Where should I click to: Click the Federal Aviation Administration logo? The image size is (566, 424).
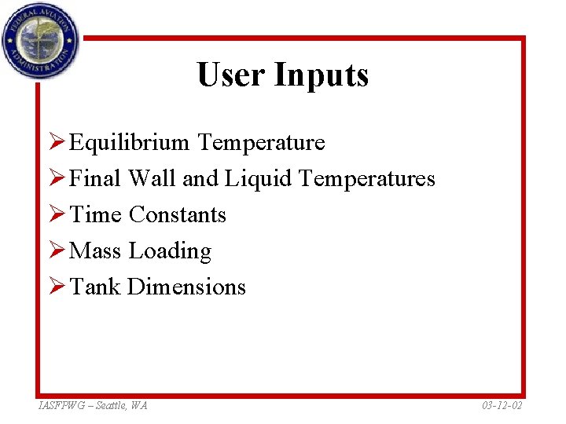click(40, 40)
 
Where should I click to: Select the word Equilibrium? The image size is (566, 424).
click(129, 143)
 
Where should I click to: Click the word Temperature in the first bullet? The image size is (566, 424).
click(261, 143)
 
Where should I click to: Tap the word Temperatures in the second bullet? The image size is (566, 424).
click(367, 179)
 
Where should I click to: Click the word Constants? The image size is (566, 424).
click(178, 215)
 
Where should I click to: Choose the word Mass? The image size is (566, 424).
click(96, 251)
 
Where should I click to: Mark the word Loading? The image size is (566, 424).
click(171, 251)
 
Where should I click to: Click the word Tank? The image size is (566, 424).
click(95, 287)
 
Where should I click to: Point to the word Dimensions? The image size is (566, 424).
click(186, 287)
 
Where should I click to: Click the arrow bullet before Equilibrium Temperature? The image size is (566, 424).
click(56, 143)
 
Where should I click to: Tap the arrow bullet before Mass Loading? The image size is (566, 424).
click(56, 251)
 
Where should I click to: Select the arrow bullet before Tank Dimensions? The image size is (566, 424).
click(56, 287)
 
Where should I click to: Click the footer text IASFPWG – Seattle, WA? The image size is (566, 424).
click(93, 405)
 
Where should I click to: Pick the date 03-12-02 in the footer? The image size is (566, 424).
click(501, 405)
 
